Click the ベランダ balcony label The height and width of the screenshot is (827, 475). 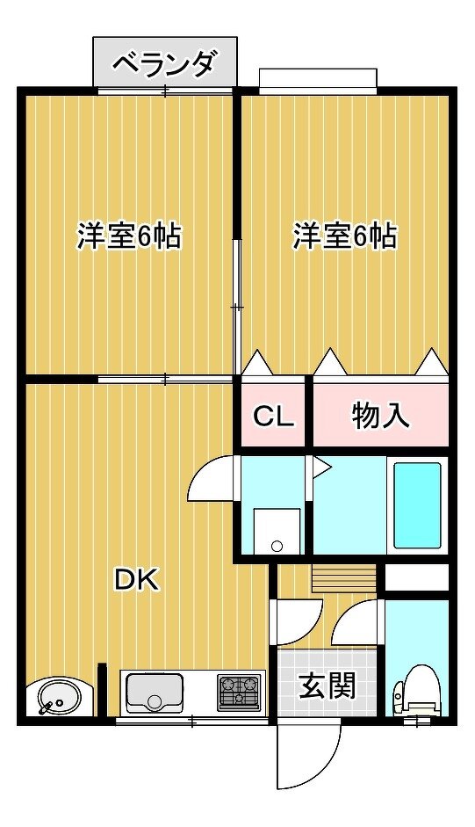164,63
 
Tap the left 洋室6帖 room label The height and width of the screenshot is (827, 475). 129,236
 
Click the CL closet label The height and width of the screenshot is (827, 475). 273,417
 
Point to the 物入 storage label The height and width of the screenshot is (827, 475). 380,417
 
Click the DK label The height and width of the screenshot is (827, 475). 137,581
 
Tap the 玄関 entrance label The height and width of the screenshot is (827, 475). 327,686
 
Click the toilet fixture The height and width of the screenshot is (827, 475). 416,692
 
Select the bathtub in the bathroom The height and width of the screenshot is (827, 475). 418,505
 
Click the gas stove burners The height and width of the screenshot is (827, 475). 240,692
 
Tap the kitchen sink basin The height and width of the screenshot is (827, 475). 155,693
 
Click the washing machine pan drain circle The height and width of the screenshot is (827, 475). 277,547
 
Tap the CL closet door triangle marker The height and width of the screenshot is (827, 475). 258,362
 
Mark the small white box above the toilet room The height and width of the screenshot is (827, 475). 417,578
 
